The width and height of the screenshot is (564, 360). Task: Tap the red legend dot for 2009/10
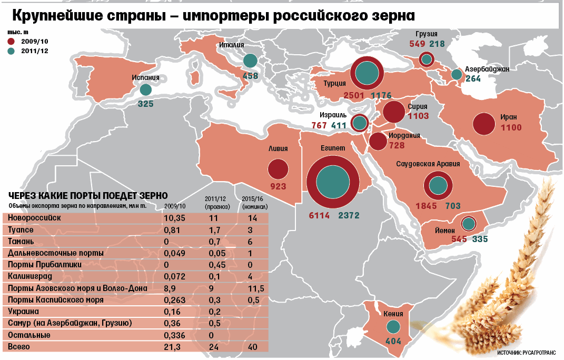coord(12,41)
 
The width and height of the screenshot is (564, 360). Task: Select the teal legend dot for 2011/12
coord(12,51)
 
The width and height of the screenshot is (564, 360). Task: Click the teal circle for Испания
coord(146,91)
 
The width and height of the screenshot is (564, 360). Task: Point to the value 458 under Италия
coord(251,75)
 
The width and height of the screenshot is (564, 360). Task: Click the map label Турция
coord(335,83)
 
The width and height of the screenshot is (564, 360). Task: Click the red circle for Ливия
coord(278,169)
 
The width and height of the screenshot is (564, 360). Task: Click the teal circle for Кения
coord(393,327)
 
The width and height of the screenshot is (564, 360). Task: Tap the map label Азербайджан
coord(487,69)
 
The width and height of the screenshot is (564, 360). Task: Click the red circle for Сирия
coord(393,112)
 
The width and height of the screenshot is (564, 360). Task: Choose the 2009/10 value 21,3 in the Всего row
coord(172,347)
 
